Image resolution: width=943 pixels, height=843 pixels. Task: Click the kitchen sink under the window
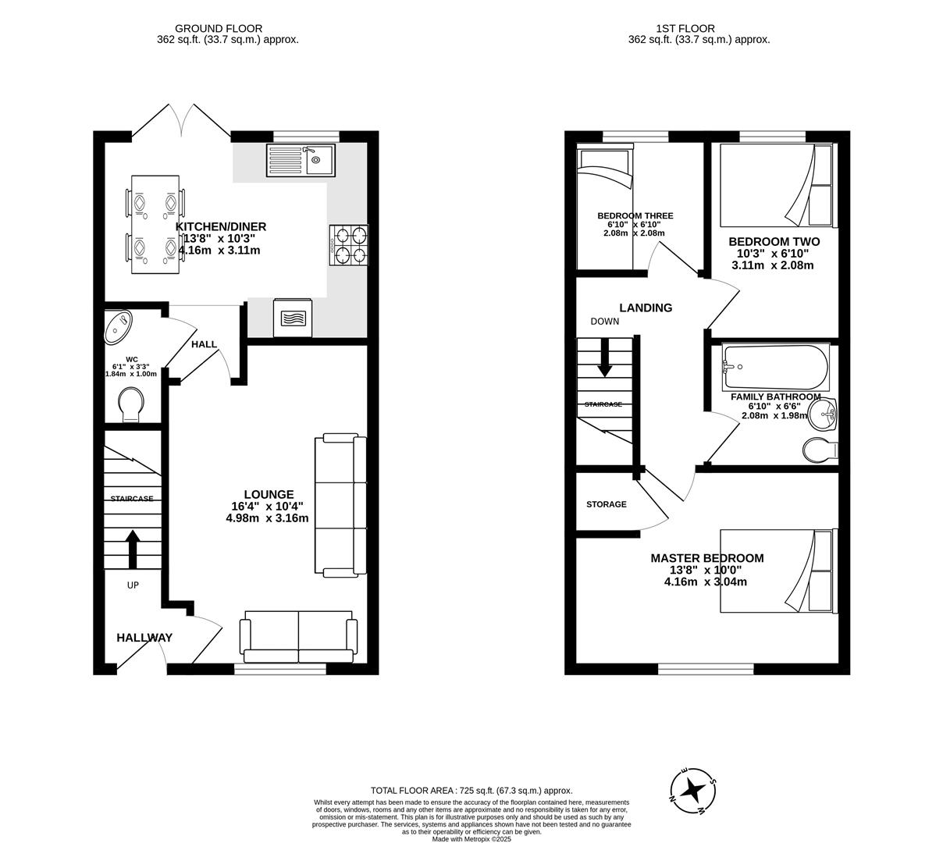point(301,161)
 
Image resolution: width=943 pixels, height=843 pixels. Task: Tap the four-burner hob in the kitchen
point(350,244)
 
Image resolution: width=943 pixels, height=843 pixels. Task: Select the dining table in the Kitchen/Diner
point(155,225)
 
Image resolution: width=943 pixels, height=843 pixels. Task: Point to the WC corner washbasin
point(118,325)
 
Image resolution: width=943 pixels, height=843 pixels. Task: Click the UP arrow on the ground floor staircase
point(132,549)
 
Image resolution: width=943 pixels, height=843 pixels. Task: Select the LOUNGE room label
point(269,494)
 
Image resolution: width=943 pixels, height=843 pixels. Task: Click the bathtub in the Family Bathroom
point(774,367)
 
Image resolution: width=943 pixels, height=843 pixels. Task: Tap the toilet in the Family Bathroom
point(819,450)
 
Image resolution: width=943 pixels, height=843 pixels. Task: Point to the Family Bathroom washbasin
point(822,415)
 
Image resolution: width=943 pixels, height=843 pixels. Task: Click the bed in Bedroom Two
point(776,185)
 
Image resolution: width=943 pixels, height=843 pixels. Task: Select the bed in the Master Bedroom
point(776,570)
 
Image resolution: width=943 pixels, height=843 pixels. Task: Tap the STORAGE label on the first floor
point(607,504)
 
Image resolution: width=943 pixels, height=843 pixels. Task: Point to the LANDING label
point(646,308)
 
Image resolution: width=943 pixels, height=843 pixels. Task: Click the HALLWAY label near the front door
point(144,638)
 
